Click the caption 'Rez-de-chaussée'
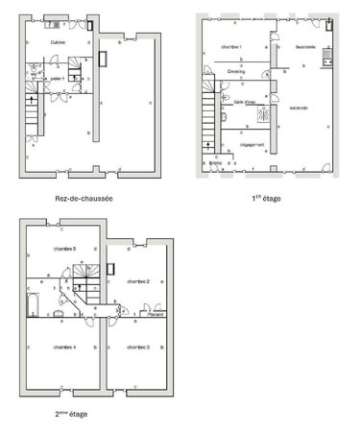(x=84, y=199)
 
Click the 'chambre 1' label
(x=231, y=47)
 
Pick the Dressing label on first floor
(x=236, y=70)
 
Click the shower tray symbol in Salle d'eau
(x=259, y=112)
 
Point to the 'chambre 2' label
(x=138, y=281)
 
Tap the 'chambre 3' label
(x=138, y=346)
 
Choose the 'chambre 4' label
(x=64, y=346)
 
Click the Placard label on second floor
(x=154, y=314)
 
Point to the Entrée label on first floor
(x=217, y=164)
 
